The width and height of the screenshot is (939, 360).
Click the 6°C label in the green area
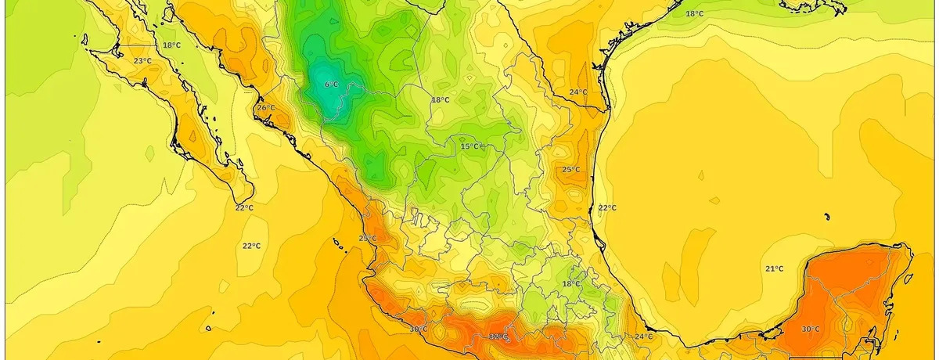coord(331,84)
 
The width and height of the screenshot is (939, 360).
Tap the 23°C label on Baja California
coord(142,61)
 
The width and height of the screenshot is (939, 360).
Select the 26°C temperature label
coord(266,107)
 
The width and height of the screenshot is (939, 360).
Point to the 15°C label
coord(469,146)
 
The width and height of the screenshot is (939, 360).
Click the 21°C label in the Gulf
coord(774,268)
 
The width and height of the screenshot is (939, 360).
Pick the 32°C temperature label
coord(498,337)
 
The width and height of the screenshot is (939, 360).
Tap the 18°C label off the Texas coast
coord(695,14)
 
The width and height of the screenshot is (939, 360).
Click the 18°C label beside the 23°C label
coord(171,45)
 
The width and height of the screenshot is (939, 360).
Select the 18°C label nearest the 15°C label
coord(441,99)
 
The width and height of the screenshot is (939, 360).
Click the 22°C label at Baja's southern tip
coord(244,207)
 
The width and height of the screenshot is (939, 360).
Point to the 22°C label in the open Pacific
coord(250,246)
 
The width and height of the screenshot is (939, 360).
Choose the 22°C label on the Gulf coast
coord(607,207)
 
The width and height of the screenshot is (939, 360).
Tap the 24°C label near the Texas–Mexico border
coord(577,92)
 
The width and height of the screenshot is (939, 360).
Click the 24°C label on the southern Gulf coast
coord(643,337)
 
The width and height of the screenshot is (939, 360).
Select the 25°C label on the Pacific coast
coord(367,239)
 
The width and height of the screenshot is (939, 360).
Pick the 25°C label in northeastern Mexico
coord(570,169)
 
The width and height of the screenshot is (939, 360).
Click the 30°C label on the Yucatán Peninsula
coord(810,329)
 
